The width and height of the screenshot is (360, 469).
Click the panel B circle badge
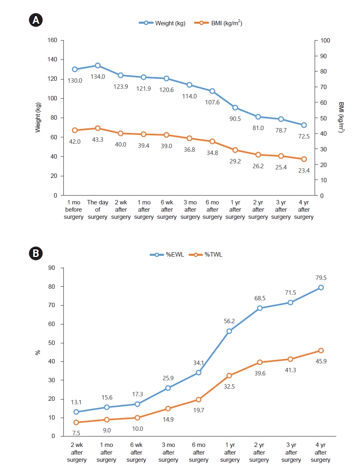click(36, 254)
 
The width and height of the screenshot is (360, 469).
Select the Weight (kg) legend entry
click(162, 23)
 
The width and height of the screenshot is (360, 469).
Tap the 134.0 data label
click(98, 77)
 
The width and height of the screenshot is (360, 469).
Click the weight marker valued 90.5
click(235, 108)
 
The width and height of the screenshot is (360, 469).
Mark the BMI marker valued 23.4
click(304, 159)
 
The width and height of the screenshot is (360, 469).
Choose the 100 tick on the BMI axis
click(324, 40)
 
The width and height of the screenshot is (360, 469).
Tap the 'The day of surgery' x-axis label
click(98, 210)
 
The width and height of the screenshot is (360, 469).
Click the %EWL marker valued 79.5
click(321, 288)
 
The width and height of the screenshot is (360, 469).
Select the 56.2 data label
click(230, 320)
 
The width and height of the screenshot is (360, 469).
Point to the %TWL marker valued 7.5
click(76, 422)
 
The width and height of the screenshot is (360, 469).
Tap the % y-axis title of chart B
click(37, 352)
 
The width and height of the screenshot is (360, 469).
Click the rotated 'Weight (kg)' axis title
click(38, 117)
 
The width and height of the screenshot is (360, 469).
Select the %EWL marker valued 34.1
click(198, 373)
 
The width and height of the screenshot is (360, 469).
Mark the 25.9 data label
click(168, 377)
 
